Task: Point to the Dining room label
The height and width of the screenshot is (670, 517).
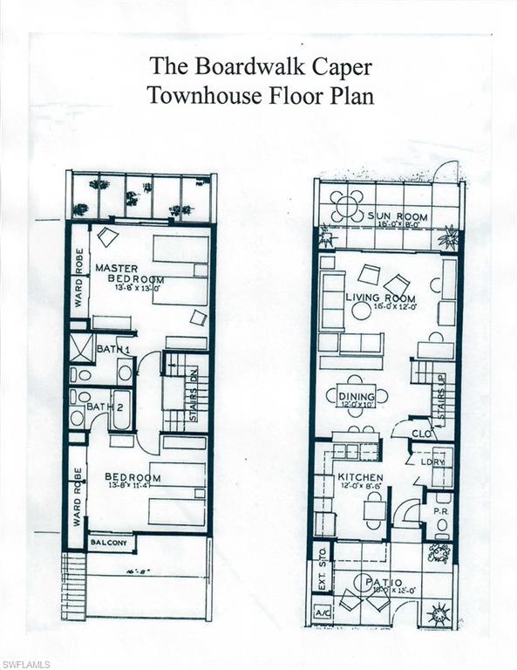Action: click(357, 398)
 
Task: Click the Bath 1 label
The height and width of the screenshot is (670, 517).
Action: click(115, 349)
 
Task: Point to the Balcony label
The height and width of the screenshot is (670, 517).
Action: click(109, 544)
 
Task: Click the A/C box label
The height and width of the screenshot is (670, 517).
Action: click(320, 612)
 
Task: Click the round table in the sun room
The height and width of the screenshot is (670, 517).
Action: click(348, 207)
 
